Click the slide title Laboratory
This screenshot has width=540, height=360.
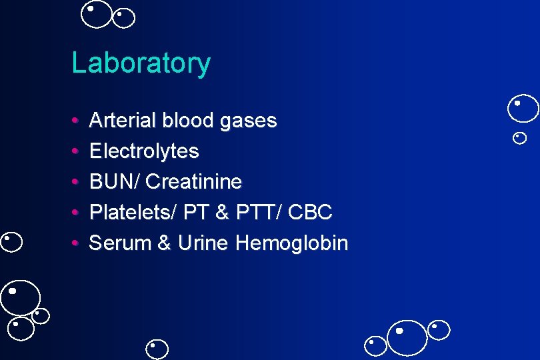tap(141, 63)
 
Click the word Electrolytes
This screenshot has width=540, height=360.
tap(144, 151)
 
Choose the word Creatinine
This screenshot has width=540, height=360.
tap(194, 181)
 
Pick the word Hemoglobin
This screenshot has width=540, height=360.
tap(292, 243)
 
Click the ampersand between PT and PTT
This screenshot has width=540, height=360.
tap(223, 213)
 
